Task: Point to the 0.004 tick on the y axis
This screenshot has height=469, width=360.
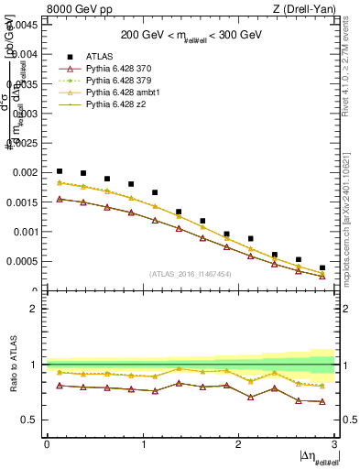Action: click(x=24, y=54)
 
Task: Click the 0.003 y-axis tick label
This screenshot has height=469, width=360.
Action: click(x=24, y=114)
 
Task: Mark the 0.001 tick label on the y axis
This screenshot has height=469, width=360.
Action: click(x=24, y=232)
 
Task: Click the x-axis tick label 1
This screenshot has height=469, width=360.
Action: click(x=143, y=445)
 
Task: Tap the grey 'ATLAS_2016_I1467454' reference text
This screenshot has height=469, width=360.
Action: click(x=190, y=274)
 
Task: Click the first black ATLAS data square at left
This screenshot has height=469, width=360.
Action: click(x=60, y=171)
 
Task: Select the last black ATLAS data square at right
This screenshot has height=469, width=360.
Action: click(x=322, y=267)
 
